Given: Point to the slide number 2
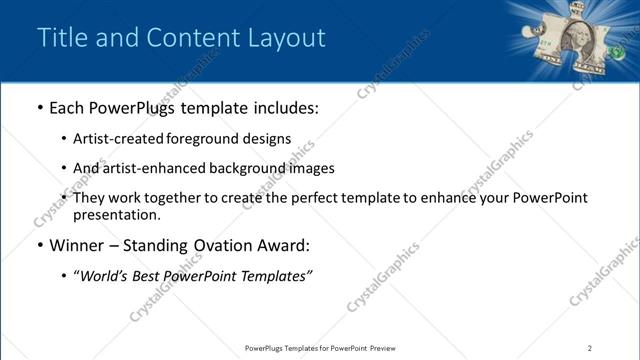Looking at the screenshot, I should (x=590, y=348).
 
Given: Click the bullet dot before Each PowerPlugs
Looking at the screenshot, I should (x=39, y=108).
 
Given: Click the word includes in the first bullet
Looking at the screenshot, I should (x=285, y=107).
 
